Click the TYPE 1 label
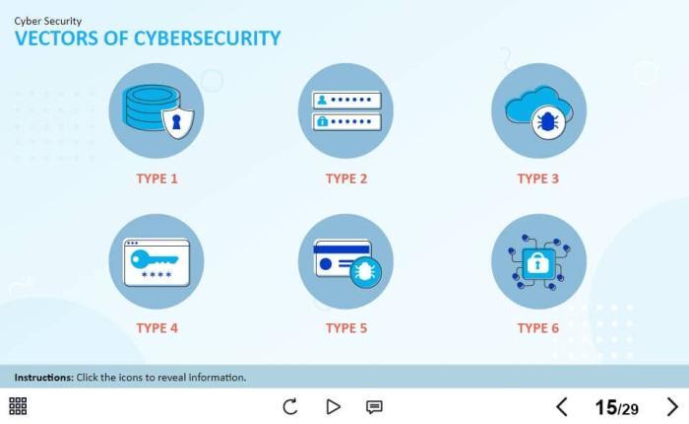[157, 179]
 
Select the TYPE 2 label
[346, 179]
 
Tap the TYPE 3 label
[537, 179]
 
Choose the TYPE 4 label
[157, 328]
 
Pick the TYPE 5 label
[346, 328]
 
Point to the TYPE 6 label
[537, 328]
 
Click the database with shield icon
[157, 110]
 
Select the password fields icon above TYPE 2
[345, 110]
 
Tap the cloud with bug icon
[537, 110]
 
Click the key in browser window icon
[157, 261]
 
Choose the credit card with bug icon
[345, 261]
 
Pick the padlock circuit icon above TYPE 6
[537, 261]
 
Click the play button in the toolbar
[333, 406]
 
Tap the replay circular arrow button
[290, 406]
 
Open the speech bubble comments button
[374, 406]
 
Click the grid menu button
[18, 406]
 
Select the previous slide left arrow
[562, 406]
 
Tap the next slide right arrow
[673, 406]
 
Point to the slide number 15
[605, 407]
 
